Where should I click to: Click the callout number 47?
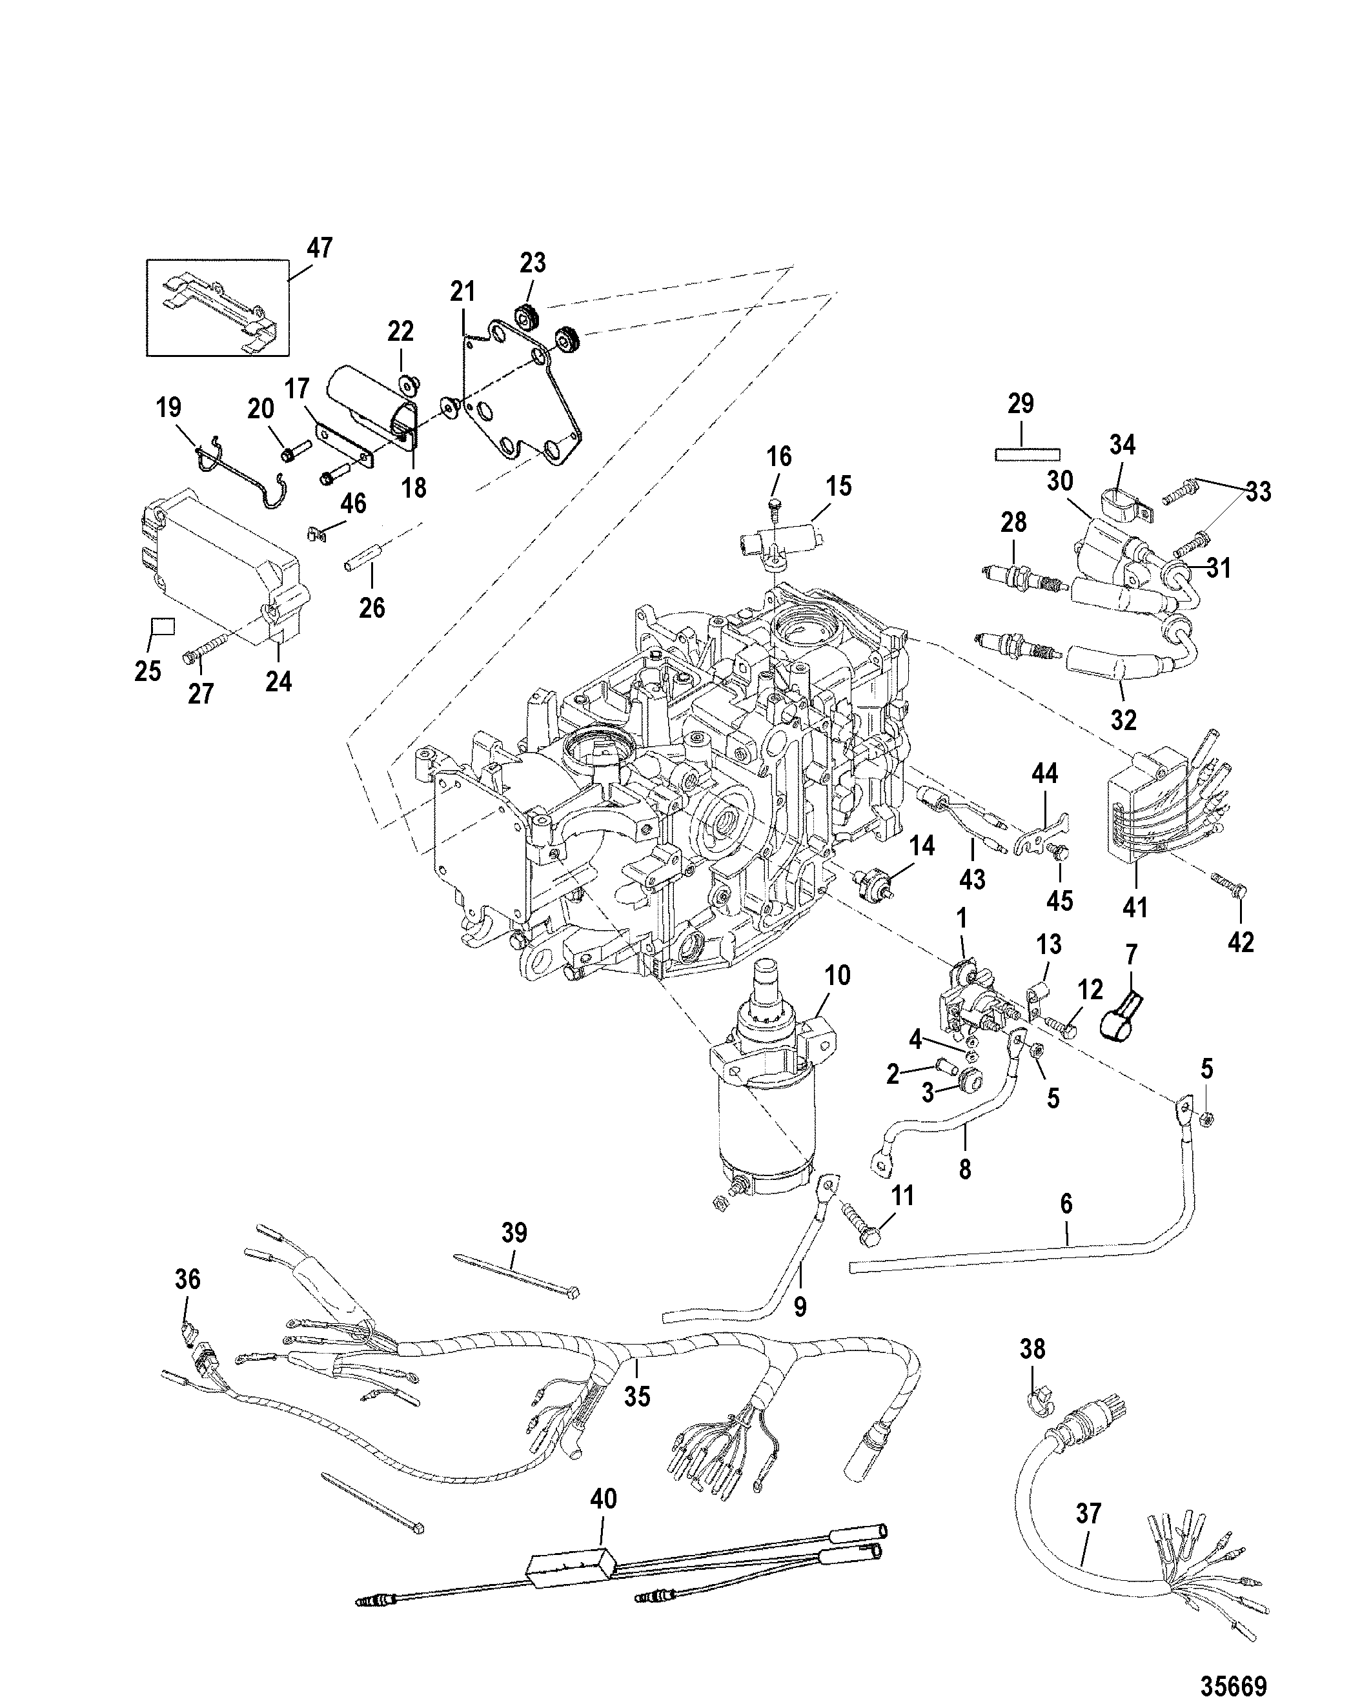click(320, 248)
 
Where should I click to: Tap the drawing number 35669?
click(1233, 1680)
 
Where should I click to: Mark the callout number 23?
click(533, 263)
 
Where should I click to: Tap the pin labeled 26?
click(361, 567)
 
